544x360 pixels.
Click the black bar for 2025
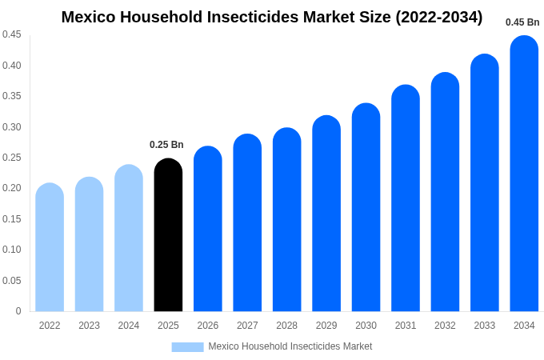coord(168,235)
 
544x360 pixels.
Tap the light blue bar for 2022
coord(50,247)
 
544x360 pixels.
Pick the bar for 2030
coord(366,207)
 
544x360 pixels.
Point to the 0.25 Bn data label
coord(166,145)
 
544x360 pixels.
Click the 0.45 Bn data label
coord(522,22)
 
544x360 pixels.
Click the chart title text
coord(272,17)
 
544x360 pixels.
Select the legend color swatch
coord(187,346)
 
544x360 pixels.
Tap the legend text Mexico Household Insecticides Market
coord(290,346)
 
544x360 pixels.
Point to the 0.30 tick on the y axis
coord(12,126)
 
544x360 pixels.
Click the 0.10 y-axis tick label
coord(12,250)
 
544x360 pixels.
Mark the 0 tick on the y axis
coord(18,311)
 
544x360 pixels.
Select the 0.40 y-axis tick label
coord(12,65)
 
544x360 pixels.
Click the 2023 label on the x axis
coord(89,326)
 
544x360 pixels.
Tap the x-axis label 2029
coord(326,326)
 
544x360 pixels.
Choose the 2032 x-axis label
coord(445,326)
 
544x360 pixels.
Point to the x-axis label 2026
coord(208,326)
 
